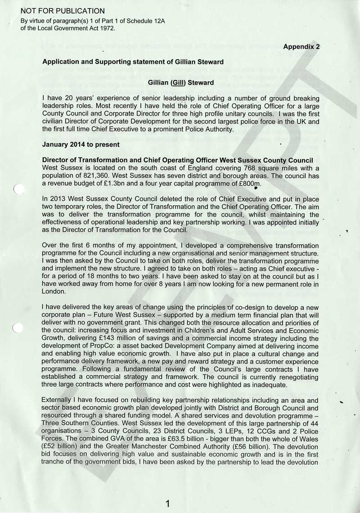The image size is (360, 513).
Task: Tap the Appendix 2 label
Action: coord(301,46)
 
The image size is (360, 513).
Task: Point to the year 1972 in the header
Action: coord(107,27)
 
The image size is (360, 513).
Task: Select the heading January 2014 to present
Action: coord(81,144)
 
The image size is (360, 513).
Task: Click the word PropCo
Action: coord(111,346)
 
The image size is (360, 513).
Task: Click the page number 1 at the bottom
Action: coord(167,504)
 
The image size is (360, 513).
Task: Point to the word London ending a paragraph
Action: coord(54,292)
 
